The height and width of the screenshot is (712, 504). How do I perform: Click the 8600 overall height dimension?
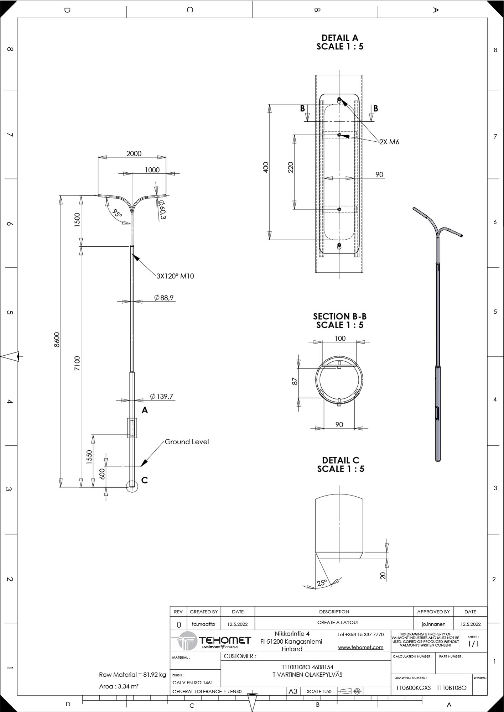coord(57,340)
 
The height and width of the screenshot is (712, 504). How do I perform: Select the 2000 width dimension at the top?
coord(134,153)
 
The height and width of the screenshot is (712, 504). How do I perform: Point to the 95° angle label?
coord(117,213)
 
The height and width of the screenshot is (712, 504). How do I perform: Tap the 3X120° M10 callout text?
coord(175,276)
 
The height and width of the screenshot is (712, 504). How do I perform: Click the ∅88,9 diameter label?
coord(164,298)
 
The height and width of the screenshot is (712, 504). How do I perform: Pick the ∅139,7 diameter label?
coord(162,396)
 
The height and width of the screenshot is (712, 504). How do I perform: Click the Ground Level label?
coord(187,442)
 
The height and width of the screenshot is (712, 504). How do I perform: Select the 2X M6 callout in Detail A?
coord(389,142)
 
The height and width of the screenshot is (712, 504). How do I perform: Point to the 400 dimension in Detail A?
coord(266,167)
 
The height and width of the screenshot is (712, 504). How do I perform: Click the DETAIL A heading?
coord(340,38)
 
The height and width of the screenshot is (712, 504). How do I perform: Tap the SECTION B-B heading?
coord(340,316)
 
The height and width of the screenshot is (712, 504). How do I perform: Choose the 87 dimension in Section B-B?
coord(295,381)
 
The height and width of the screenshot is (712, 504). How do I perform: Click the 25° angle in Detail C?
coord(322,583)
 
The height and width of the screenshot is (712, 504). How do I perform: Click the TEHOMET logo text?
coord(225,640)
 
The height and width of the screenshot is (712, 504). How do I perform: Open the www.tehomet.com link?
coord(361,647)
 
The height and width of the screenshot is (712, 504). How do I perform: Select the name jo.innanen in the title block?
coord(433,624)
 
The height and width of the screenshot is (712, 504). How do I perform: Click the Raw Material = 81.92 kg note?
coord(133,675)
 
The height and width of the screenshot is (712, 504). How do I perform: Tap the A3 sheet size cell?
coord(293,691)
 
